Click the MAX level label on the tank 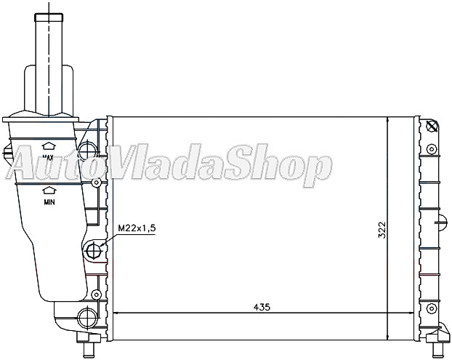point(49,156)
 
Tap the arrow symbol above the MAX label point(49,145)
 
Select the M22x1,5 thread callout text point(137,228)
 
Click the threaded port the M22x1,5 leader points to point(94,252)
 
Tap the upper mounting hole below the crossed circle point(432,149)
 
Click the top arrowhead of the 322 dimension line point(388,120)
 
